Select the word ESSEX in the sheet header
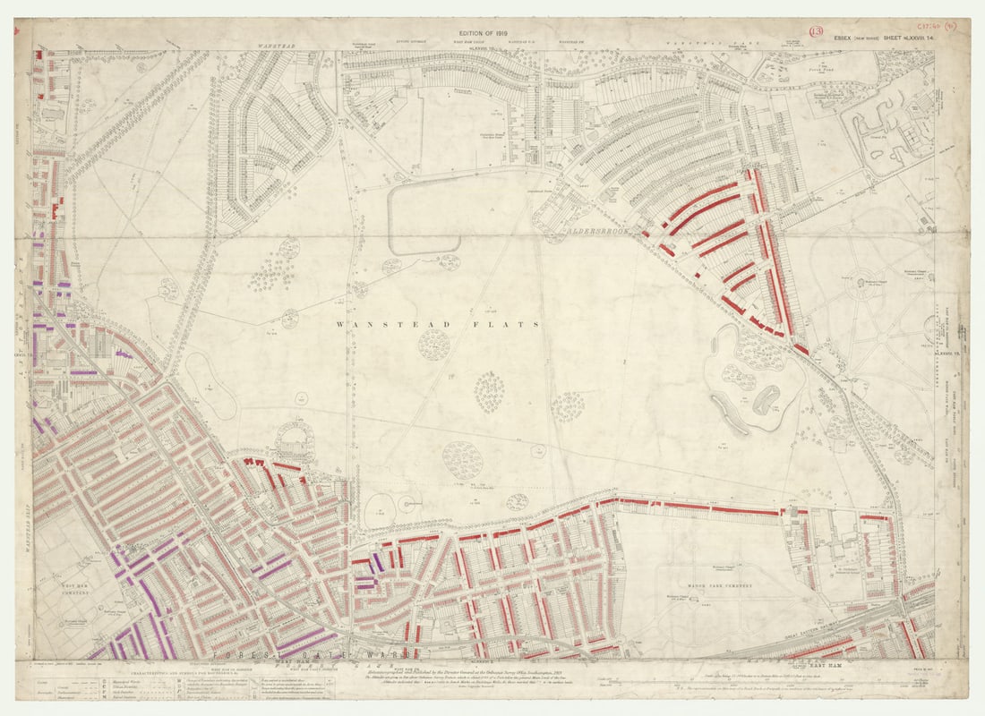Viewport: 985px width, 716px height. [x=845, y=38]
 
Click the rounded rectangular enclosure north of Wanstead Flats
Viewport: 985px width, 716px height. [x=424, y=216]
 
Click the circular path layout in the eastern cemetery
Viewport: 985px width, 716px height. [x=864, y=287]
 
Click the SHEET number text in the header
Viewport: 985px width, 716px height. [x=903, y=38]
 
